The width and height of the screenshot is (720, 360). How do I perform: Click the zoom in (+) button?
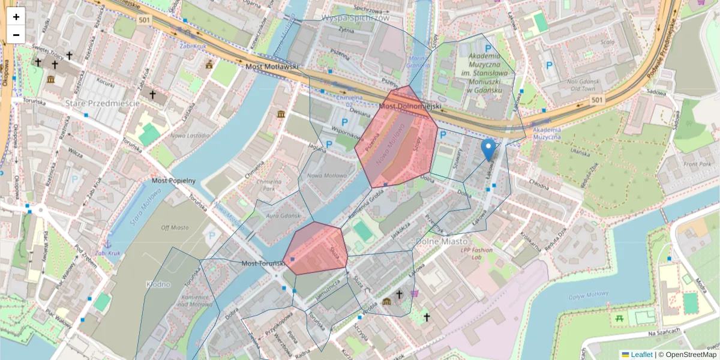pos(16,17)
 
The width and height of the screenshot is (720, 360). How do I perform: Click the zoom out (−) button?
pos(16,35)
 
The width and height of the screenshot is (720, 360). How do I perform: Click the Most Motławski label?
pos(272,67)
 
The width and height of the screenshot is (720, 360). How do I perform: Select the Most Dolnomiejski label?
pos(410,106)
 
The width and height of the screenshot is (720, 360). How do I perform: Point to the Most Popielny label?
pos(174,180)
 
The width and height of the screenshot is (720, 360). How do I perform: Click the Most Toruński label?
pos(262,263)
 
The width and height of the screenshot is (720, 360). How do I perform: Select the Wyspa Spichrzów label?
pos(356,18)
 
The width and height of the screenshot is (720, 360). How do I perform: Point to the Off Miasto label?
pos(175,227)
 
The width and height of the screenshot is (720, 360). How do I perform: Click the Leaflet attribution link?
pos(641,355)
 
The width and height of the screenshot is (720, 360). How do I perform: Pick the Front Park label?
pos(697,164)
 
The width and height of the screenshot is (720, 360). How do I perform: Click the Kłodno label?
pos(158,284)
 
